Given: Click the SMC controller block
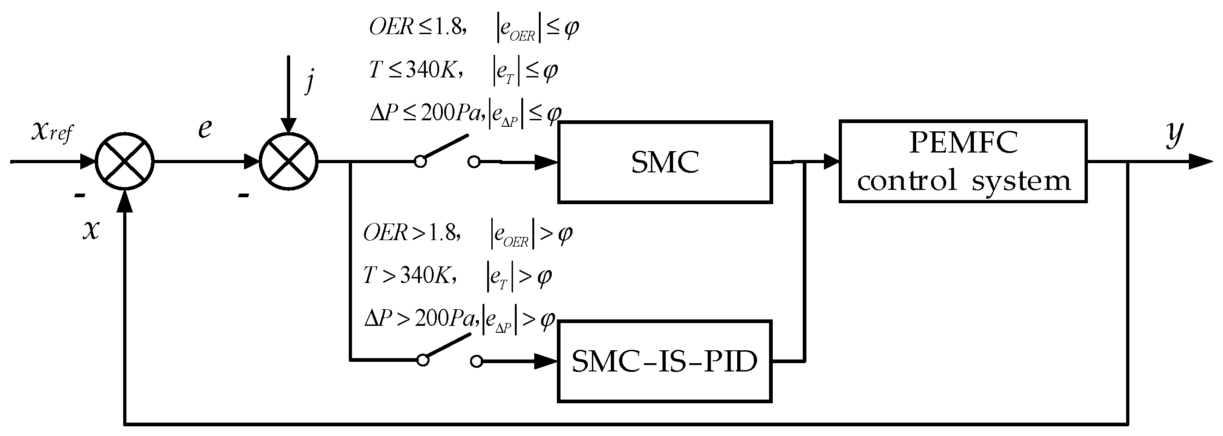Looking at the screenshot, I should point(665,162).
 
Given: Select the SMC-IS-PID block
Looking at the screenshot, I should point(665,361).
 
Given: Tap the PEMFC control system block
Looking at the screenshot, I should point(963,162).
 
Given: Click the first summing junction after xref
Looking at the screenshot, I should point(125,162).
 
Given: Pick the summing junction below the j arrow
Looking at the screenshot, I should point(289,162).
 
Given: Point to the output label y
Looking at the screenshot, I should point(1175,134).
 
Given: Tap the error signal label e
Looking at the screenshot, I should point(205,128).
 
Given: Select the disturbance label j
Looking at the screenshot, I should point(310,81).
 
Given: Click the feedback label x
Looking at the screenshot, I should point(91,230).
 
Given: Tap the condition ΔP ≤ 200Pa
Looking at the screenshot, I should point(425,113).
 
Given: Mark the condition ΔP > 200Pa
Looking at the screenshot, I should point(420,318).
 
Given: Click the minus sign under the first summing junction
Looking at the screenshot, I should point(80,195).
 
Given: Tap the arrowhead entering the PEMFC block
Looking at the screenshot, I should point(831,162).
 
